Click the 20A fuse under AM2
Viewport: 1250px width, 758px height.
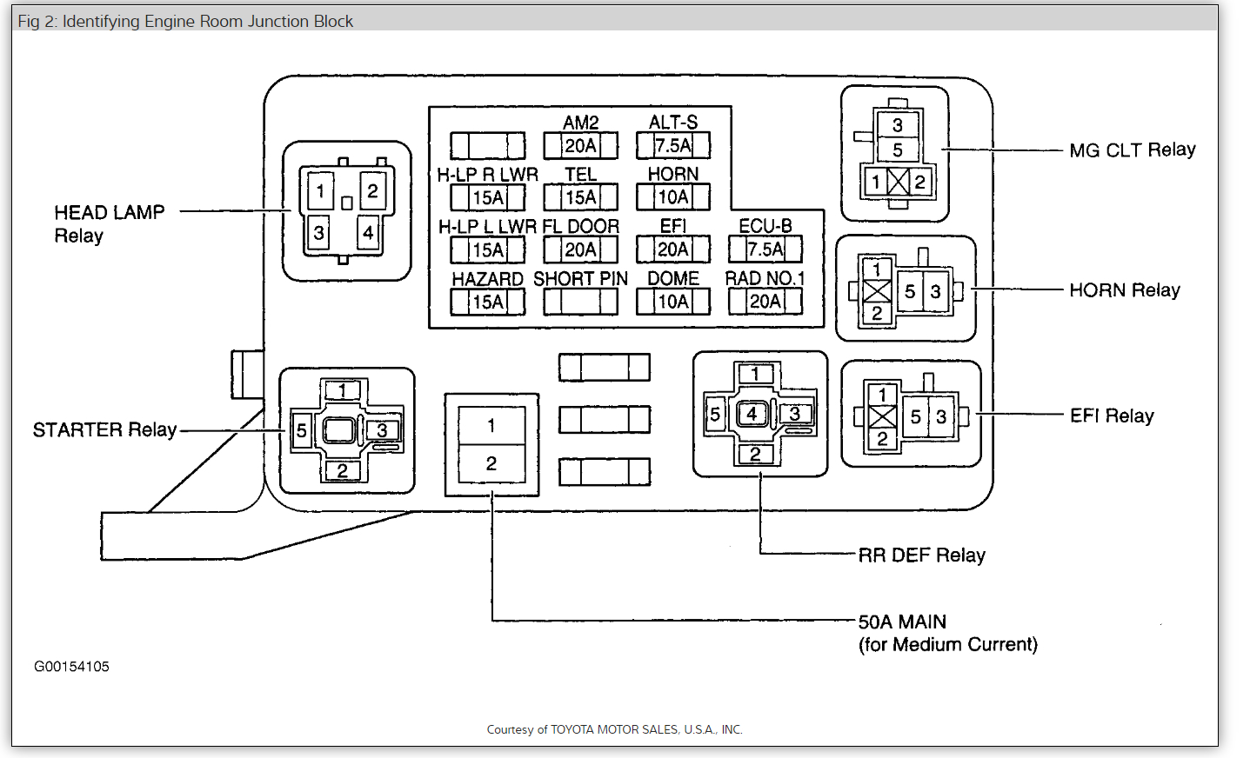tap(580, 145)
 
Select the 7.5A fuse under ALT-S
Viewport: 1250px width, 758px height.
tap(673, 145)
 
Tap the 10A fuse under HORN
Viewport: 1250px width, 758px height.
tap(673, 197)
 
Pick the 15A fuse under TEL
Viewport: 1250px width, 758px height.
tap(580, 197)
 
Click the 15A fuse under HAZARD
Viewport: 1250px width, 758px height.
tap(487, 302)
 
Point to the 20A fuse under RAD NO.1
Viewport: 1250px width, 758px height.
tap(765, 302)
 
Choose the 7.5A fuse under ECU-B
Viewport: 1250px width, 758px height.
tap(765, 249)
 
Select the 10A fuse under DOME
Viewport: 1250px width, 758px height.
tap(673, 302)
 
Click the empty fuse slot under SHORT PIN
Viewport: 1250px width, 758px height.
tap(580, 302)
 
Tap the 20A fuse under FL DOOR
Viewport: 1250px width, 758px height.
tap(580, 249)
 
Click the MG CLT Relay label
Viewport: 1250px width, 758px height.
tap(1132, 150)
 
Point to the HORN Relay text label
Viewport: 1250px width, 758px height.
tap(1124, 290)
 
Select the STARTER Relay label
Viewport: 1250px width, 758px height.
tap(104, 430)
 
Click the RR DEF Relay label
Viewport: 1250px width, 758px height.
tap(921, 555)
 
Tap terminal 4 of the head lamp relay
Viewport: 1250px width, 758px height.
tap(369, 232)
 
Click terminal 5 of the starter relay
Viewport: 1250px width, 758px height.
tap(301, 430)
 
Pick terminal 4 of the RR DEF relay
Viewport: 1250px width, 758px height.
tap(752, 414)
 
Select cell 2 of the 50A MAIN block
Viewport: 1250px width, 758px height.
tap(491, 464)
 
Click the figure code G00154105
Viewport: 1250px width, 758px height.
tap(71, 667)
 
